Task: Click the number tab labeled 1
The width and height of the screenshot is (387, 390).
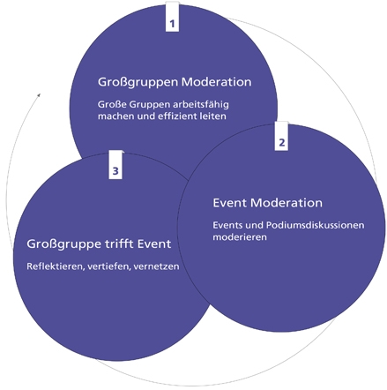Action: point(172,17)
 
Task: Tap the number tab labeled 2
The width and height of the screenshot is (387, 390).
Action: point(281,136)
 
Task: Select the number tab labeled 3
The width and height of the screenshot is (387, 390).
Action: point(115,165)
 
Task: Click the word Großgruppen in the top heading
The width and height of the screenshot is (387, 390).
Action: point(138,82)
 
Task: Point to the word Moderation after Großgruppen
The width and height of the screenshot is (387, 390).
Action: point(217,82)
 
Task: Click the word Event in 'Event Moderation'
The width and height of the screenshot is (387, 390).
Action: point(230,203)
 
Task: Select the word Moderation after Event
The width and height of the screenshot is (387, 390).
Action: point(287,203)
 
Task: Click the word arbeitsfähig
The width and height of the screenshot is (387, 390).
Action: point(201,105)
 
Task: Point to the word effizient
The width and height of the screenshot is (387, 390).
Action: point(177,116)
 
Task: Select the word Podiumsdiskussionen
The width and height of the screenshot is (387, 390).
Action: point(316,225)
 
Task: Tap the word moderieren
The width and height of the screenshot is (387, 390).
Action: point(240,237)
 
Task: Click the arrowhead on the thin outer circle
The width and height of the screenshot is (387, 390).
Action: point(39,95)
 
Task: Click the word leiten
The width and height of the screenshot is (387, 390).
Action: point(213,116)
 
